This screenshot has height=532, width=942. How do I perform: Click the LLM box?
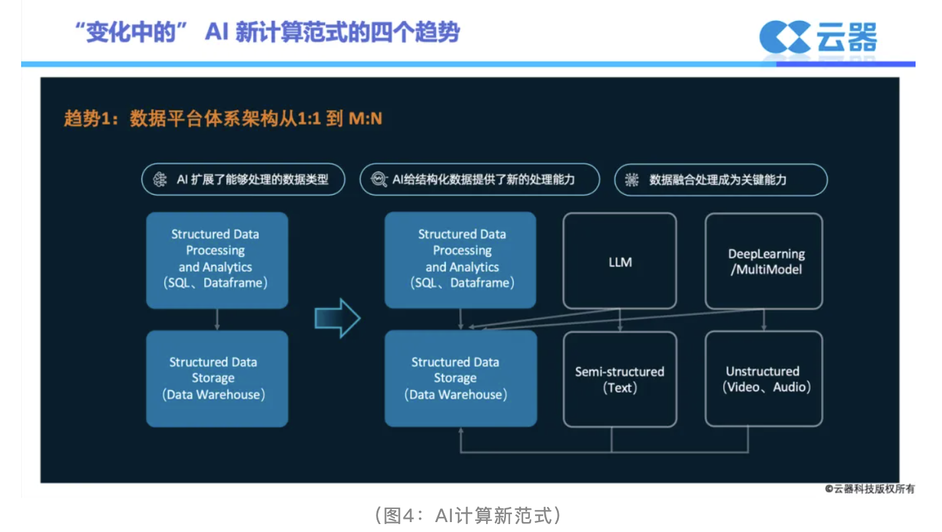[x=620, y=261]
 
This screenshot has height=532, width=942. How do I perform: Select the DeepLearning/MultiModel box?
[x=764, y=261]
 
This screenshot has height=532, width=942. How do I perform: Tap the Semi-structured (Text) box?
[x=620, y=379]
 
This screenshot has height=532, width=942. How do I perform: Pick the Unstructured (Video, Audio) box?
[x=764, y=379]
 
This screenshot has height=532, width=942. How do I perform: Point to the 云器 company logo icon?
[x=785, y=37]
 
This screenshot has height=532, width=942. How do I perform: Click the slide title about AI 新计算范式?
[x=268, y=32]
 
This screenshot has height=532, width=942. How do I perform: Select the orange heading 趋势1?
[x=223, y=119]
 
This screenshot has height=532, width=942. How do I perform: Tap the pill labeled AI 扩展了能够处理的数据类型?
[x=243, y=180]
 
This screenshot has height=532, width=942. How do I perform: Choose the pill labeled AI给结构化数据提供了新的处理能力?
[x=480, y=180]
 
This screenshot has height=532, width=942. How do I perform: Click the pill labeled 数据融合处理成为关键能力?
[x=721, y=180]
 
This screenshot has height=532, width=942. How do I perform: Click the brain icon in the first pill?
[x=160, y=180]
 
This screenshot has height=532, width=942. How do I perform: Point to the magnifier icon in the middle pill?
[x=379, y=180]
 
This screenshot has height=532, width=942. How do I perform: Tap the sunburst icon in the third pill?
[x=632, y=180]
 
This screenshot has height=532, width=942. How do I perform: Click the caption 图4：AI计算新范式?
[x=468, y=515]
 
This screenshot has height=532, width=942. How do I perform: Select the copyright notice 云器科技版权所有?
[x=870, y=488]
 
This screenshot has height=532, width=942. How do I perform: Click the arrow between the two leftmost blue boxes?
[x=217, y=319]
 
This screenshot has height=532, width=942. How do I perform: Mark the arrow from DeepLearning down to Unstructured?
[x=764, y=320]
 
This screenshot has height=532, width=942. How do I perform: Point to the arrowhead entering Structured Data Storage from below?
[x=461, y=430]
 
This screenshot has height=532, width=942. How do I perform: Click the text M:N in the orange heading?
[x=365, y=119]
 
